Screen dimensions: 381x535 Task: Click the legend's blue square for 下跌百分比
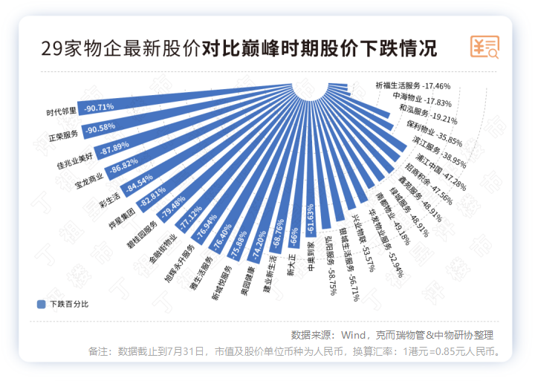[x=41, y=304]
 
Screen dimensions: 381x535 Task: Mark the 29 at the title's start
[x=51, y=49]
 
